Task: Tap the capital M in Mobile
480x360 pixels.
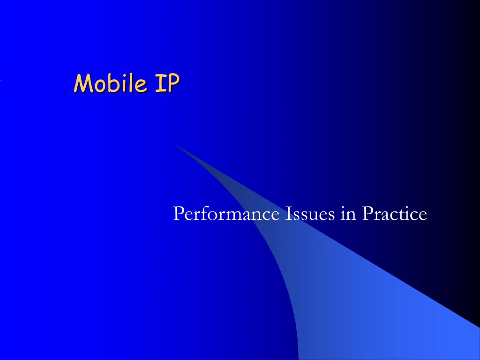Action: [83, 83]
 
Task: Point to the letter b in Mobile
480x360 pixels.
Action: [112, 83]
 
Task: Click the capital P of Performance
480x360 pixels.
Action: [178, 214]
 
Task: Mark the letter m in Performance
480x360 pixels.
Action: [227, 216]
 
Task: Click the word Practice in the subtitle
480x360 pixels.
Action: [394, 214]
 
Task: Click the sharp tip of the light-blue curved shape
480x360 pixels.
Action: [174, 144]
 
